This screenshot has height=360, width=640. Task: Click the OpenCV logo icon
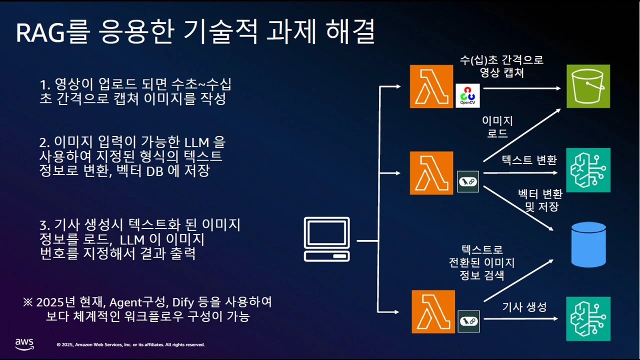468,95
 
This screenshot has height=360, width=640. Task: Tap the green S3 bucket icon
588,86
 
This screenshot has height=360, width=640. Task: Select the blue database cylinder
588,245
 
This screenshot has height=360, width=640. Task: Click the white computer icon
327,239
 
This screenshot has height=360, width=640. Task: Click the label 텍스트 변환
528,160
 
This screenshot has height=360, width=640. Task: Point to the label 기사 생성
524,306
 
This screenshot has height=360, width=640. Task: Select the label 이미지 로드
497,127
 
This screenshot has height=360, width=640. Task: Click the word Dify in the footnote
183,302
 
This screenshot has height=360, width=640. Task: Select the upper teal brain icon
588,170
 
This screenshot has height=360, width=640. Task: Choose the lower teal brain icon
588,318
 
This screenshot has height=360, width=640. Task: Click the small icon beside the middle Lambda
468,181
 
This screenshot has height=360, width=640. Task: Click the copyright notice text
130,344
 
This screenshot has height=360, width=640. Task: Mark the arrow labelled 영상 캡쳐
522,88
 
